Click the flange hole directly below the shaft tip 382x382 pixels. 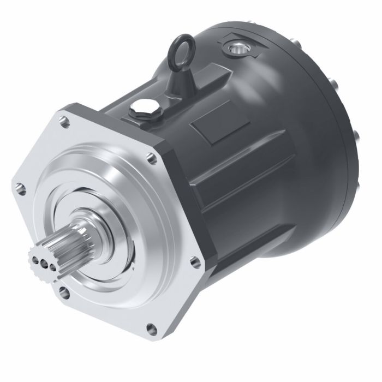coord(64,293)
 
